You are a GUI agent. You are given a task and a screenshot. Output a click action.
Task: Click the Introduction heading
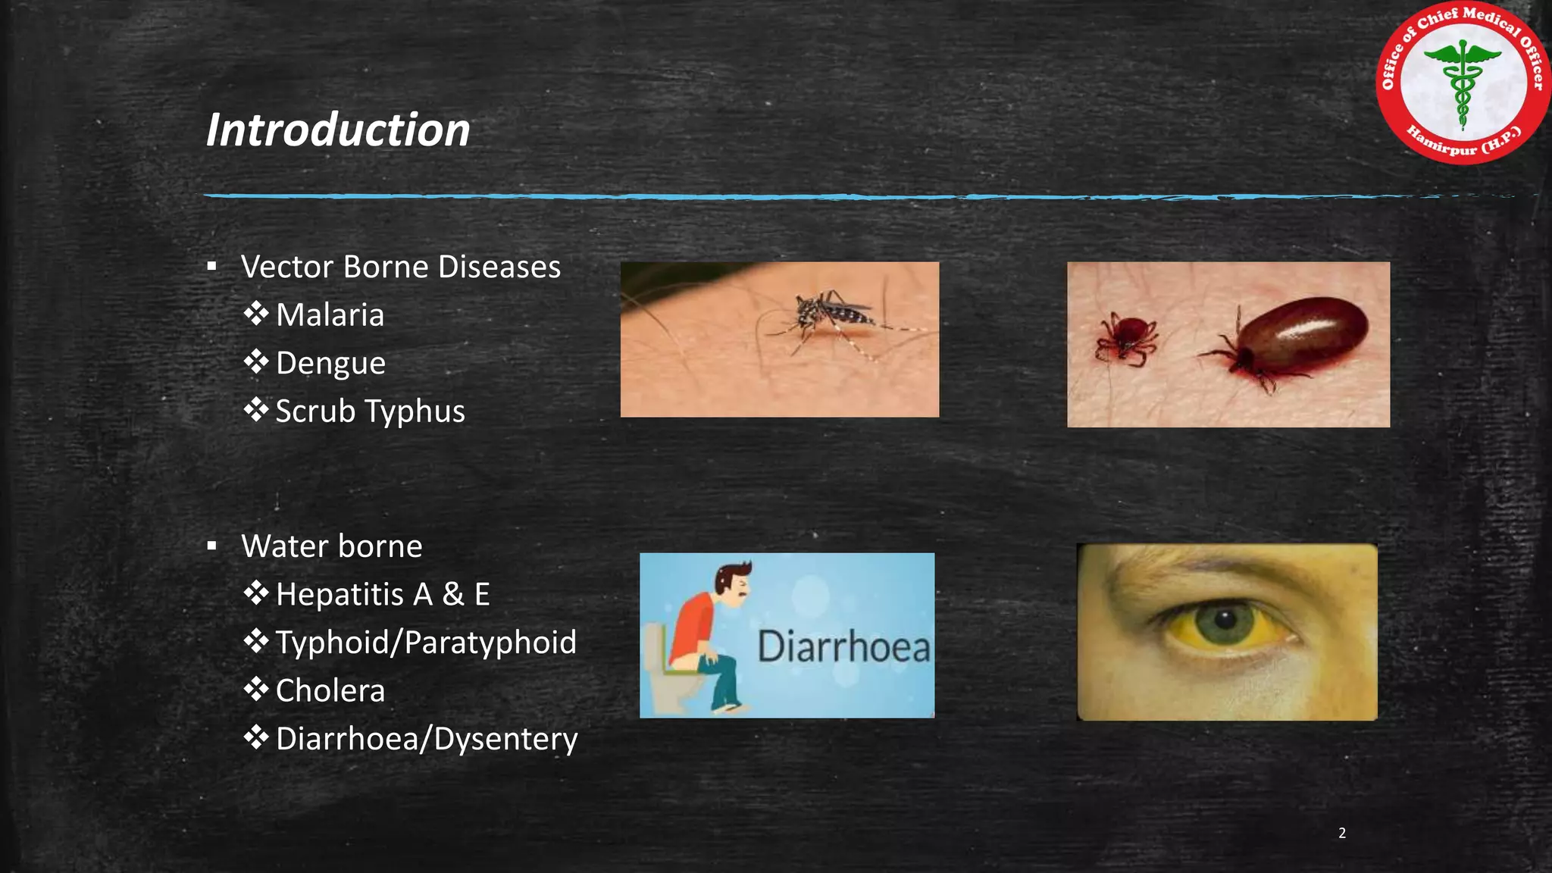coord(338,130)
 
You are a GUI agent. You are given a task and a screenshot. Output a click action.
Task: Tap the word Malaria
coord(330,314)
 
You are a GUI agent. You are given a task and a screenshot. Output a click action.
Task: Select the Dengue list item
coord(330,363)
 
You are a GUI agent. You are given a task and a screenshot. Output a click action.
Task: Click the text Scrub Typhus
coord(370,411)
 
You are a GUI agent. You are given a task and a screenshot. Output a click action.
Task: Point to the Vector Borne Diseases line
coord(400,267)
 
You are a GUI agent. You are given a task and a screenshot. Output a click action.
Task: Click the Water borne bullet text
coord(331,546)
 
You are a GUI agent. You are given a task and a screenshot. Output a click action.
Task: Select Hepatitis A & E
coord(383,594)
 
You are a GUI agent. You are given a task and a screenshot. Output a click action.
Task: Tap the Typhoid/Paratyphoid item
coord(425,642)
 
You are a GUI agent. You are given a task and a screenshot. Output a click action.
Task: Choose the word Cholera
coord(330,690)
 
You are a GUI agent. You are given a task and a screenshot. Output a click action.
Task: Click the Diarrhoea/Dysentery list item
coord(426,738)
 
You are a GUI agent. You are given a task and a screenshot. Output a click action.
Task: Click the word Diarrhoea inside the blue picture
coord(843,647)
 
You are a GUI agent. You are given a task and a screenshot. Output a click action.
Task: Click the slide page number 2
coord(1342,833)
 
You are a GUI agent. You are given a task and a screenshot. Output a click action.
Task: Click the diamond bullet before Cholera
coord(256,690)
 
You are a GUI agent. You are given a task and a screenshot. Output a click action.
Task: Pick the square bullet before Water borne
coord(211,546)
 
